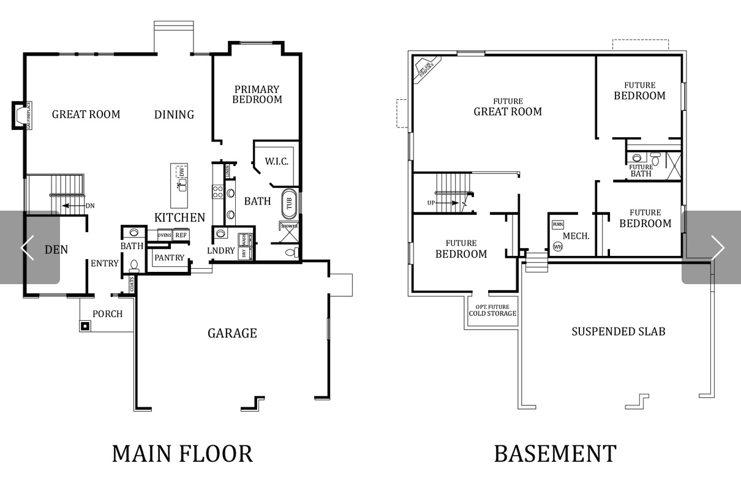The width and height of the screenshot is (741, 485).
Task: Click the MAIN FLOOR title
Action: pos(182,454)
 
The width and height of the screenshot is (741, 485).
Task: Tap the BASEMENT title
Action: pos(555,454)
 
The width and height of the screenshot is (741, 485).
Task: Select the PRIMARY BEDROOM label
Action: pos(257,94)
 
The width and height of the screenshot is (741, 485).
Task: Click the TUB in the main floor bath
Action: pos(288,203)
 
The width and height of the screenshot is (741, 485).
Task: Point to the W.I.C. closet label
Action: pos(276,162)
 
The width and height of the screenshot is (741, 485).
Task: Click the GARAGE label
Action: pos(232,333)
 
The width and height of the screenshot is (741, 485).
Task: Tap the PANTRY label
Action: pos(169,258)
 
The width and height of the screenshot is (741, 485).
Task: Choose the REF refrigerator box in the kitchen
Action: pos(181,235)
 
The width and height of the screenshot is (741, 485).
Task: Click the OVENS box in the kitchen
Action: pos(164,235)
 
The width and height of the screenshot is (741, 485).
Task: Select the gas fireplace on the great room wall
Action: pos(20,115)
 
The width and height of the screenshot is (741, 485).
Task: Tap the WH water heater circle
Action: pos(557,246)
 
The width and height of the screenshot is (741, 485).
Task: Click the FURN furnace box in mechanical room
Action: pos(557,225)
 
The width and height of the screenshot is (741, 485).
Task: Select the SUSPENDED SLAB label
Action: pos(619,331)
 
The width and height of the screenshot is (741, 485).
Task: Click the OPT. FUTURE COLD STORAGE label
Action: pos(492,310)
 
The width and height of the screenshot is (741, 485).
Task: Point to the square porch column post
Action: pos(85,326)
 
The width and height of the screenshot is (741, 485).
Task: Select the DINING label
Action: pos(174,115)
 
